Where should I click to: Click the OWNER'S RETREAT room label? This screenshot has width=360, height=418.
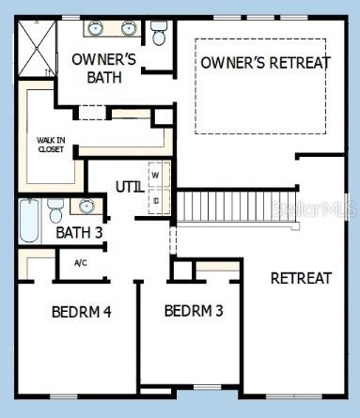(x=264, y=63)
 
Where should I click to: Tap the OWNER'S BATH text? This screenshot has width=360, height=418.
(x=104, y=69)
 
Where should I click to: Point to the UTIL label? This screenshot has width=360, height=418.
(x=130, y=187)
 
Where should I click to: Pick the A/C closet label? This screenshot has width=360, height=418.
(x=81, y=263)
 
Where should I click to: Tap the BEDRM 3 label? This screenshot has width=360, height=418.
(x=194, y=310)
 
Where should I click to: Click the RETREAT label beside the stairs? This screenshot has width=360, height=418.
(x=301, y=278)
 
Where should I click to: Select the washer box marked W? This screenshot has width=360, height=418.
(x=156, y=175)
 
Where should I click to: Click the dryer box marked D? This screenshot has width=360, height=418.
(x=156, y=199)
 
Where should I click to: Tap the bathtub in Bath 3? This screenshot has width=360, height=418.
(x=28, y=221)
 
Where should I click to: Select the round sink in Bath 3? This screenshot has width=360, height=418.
(x=86, y=206)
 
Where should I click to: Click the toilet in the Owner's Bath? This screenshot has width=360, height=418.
(x=159, y=35)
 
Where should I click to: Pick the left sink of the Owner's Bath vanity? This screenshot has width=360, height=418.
(x=96, y=29)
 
